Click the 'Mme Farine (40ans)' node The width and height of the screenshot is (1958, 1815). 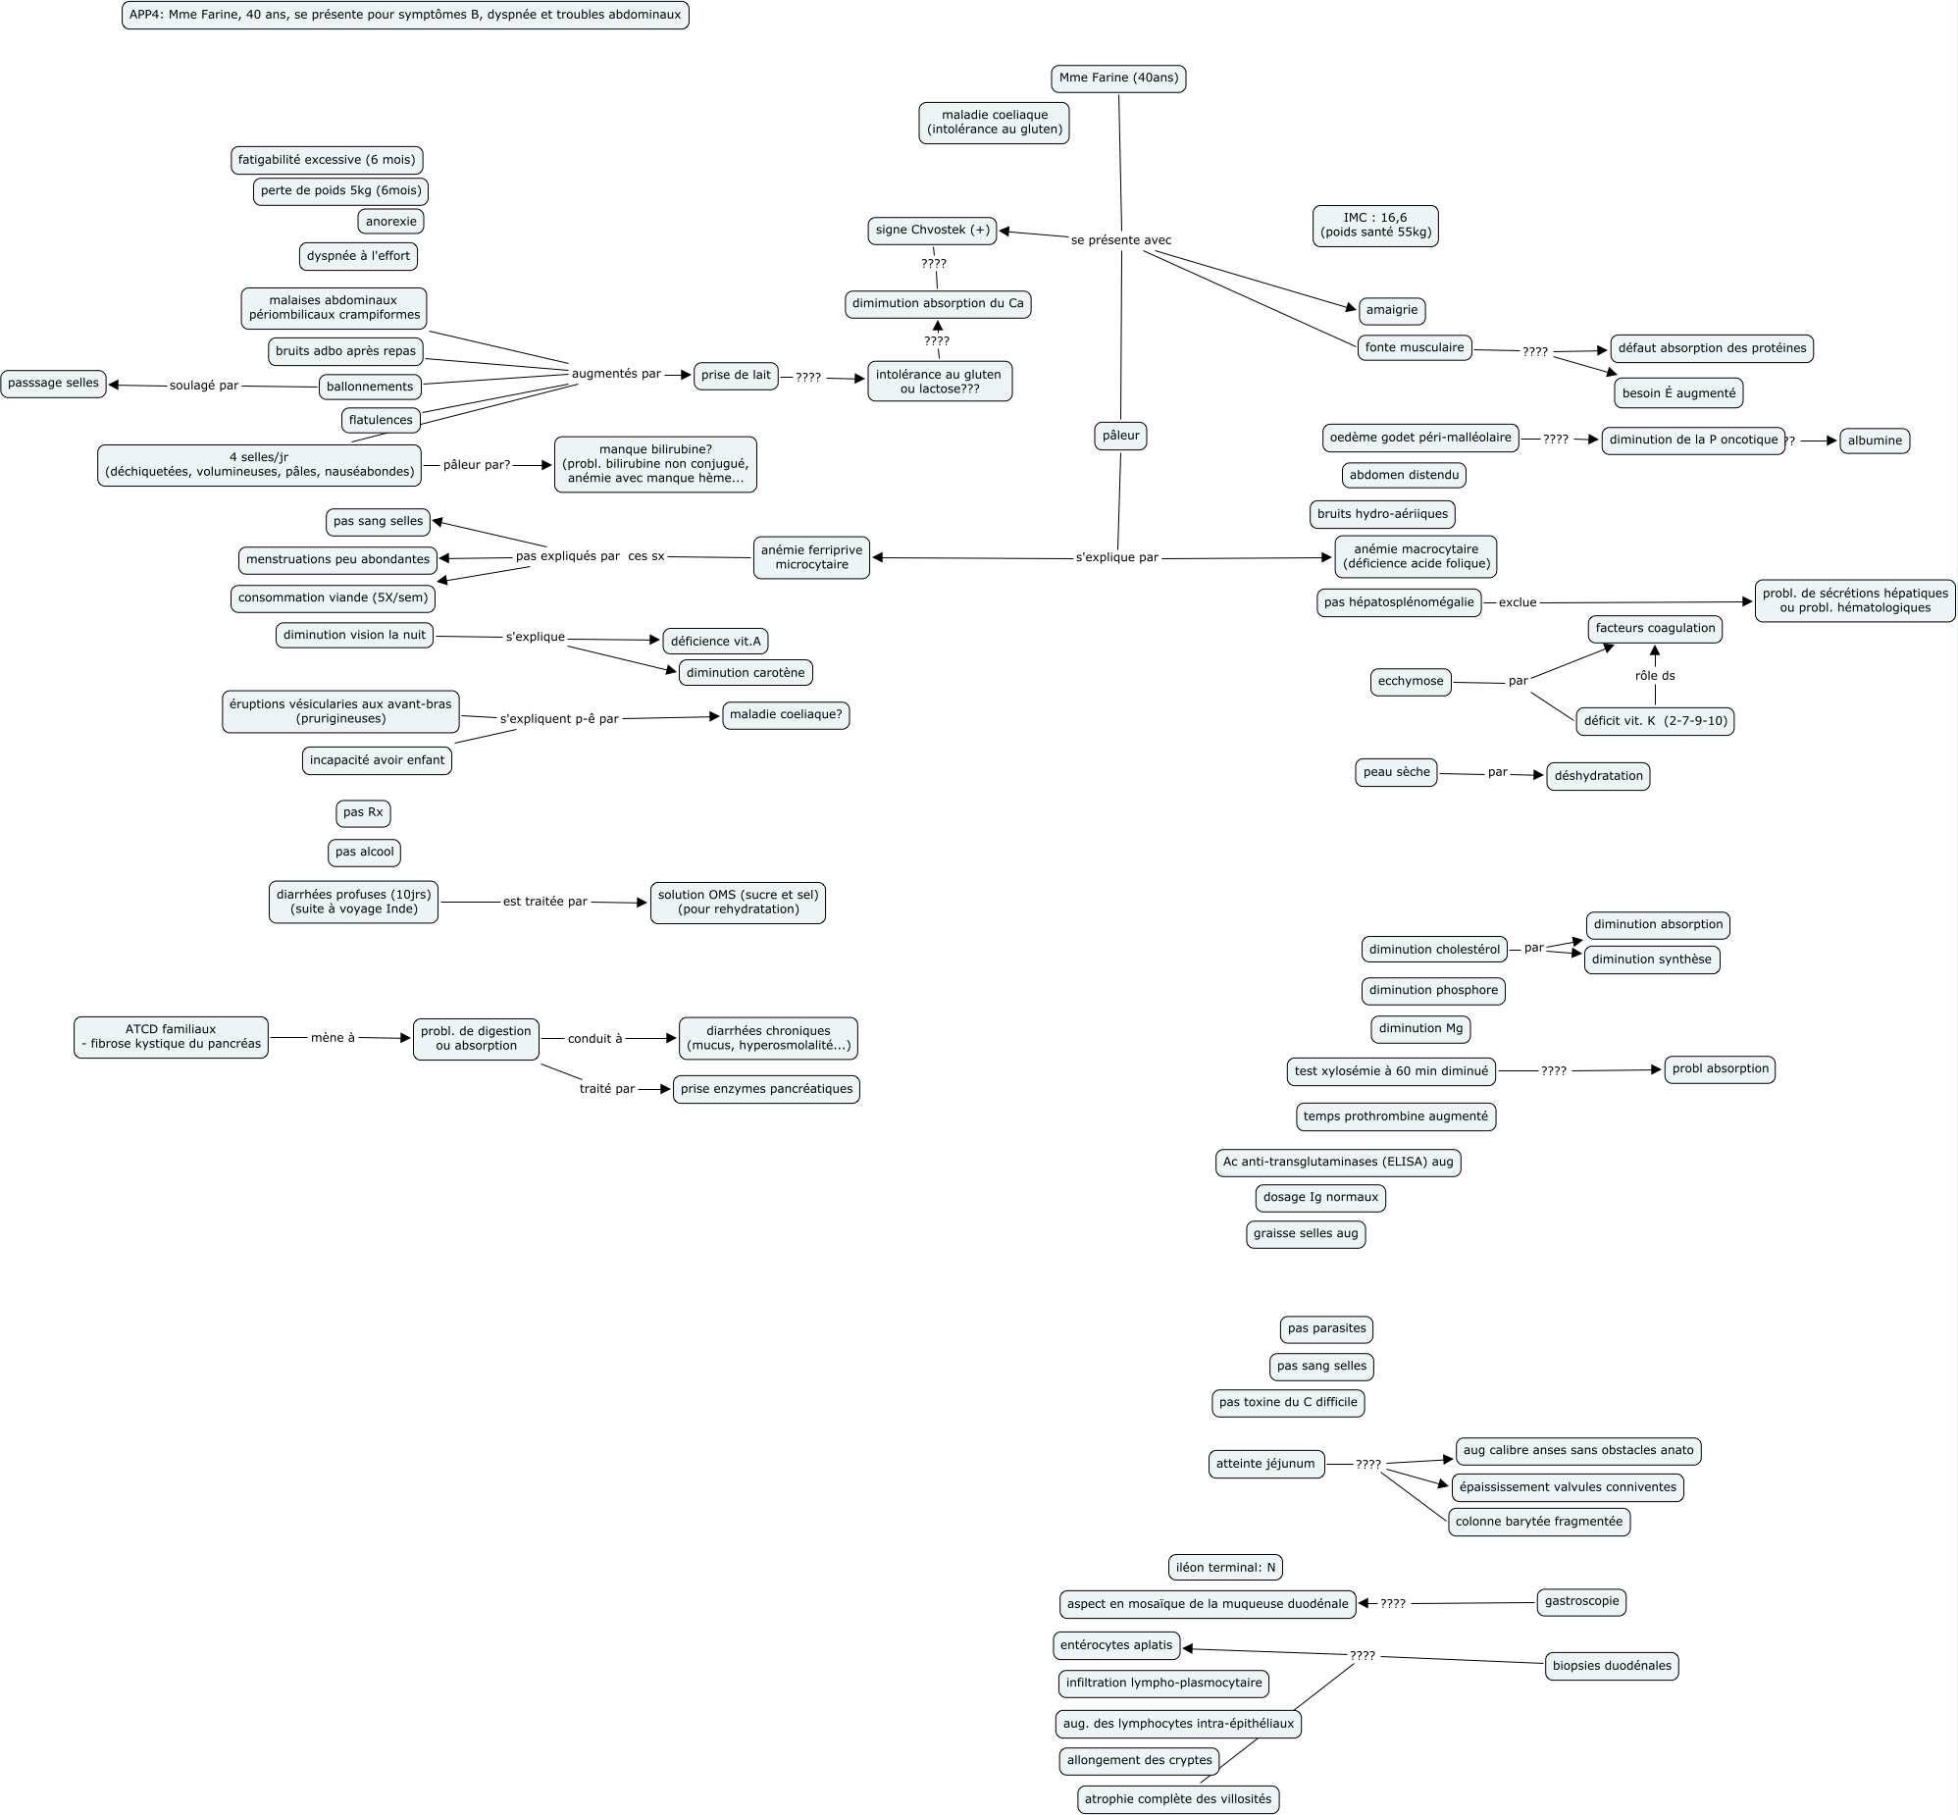point(1118,78)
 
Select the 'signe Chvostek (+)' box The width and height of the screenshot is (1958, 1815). point(932,231)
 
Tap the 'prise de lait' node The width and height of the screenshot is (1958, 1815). point(736,376)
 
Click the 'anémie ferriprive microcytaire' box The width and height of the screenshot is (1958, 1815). point(811,558)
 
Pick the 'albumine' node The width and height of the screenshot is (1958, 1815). point(1874,441)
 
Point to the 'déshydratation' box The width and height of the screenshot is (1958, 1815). point(1598,776)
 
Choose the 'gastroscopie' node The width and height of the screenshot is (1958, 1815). point(1581,1602)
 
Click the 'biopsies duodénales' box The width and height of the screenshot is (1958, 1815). point(1612,1666)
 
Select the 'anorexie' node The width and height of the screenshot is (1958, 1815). point(390,222)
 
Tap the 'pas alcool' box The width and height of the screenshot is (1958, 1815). point(364,853)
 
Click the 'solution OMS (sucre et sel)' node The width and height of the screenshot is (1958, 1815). point(738,903)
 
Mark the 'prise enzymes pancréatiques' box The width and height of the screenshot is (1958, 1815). point(766,1089)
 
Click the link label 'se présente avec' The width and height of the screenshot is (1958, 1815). point(1120,240)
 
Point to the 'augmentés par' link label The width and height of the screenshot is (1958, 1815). point(616,374)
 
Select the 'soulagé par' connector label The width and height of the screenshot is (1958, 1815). point(204,386)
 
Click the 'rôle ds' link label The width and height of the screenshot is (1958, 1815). point(1655,676)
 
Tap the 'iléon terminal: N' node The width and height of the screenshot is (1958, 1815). point(1225,1568)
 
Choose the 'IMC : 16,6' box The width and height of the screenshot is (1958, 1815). point(1374,226)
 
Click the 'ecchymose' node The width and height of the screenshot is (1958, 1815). point(1410,682)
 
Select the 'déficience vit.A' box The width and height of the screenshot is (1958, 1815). point(715,642)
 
